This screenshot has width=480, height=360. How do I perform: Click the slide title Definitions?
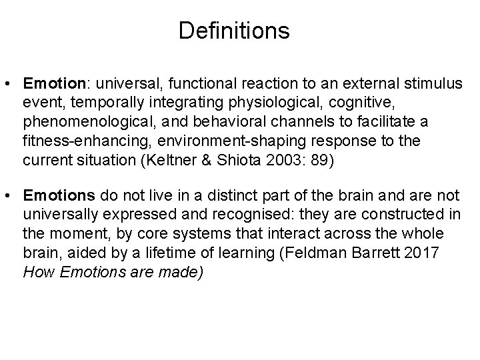pos(234,31)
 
